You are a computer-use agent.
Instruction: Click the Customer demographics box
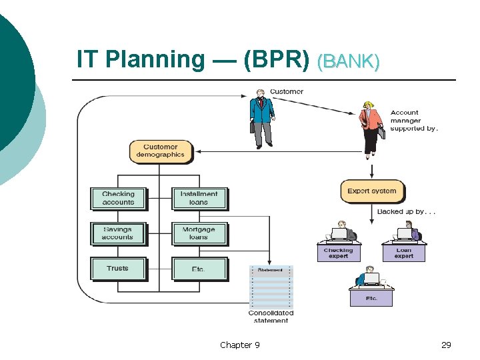[x=160, y=151]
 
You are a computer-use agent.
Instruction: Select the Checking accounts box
[x=118, y=198]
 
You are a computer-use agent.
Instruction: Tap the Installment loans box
[x=199, y=198]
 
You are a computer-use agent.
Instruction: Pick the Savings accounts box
[x=118, y=233]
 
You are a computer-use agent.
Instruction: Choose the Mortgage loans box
[x=199, y=233]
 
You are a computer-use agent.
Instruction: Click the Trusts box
[x=118, y=269]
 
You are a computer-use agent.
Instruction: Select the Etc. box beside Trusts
[x=199, y=269]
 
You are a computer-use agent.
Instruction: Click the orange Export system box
[x=371, y=191]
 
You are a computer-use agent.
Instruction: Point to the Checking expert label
[x=338, y=253]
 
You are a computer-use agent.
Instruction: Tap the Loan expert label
[x=403, y=253]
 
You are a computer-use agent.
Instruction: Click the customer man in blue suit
[x=262, y=120]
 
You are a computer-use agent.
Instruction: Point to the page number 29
[x=446, y=345]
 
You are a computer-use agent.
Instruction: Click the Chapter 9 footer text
[x=240, y=345]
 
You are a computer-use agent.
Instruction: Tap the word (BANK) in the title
[x=349, y=62]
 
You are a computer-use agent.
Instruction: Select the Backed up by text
[x=406, y=211]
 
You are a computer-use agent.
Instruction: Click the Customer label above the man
[x=287, y=91]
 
